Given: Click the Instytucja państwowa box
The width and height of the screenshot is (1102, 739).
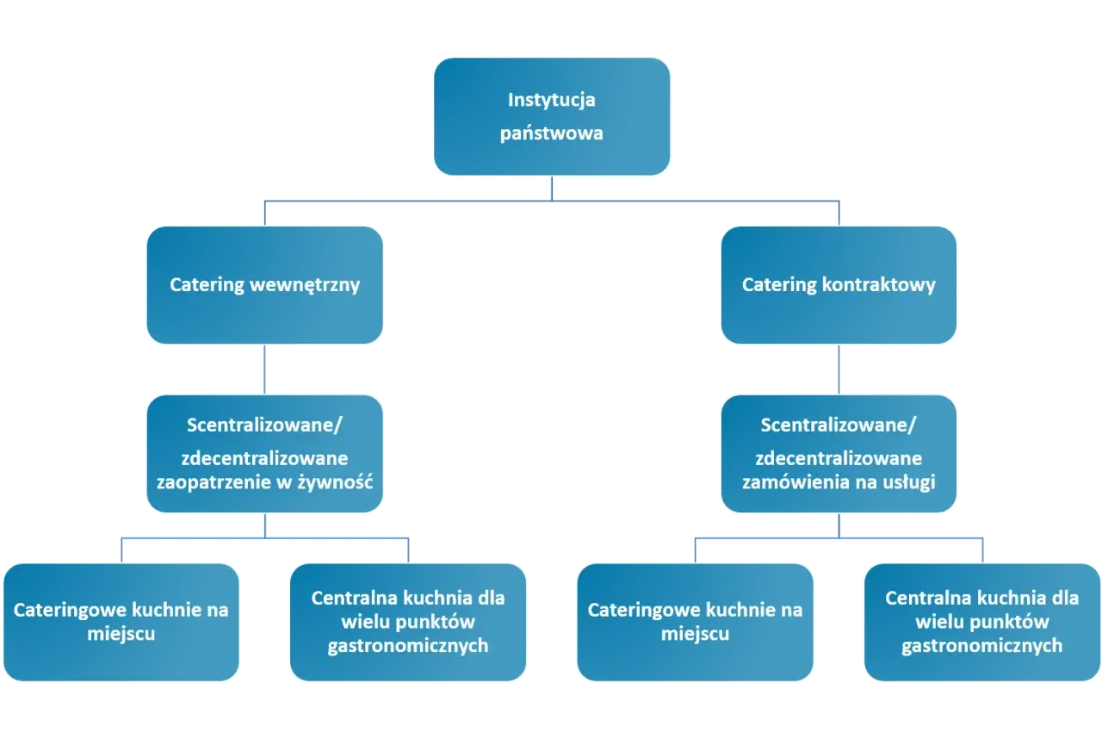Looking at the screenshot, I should (x=552, y=117).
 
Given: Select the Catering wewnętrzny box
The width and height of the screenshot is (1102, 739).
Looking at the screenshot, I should (x=264, y=285).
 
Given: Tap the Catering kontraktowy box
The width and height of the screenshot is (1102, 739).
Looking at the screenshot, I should (x=839, y=285).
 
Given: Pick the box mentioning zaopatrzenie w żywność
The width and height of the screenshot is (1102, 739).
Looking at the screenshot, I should (x=264, y=454).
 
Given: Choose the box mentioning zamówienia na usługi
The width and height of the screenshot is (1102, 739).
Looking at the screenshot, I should (x=839, y=454).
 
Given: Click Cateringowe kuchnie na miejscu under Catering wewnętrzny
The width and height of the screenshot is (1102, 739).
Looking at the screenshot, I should (x=121, y=622).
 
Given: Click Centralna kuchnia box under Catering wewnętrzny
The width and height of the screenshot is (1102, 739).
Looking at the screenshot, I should (x=408, y=622).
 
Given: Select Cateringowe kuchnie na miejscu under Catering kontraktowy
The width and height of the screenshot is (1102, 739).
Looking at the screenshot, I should (x=695, y=622).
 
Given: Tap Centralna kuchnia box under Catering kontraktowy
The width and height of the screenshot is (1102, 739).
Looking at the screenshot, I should (x=981, y=622).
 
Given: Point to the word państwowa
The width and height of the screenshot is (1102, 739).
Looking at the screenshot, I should (x=552, y=134).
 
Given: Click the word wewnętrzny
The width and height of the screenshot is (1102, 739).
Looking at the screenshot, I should (x=303, y=285).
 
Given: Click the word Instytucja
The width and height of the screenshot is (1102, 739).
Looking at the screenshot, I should (x=552, y=100).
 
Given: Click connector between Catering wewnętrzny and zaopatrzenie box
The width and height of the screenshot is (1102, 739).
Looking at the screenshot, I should (x=264, y=369).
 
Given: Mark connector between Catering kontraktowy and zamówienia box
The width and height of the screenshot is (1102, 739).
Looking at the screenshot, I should (x=839, y=369).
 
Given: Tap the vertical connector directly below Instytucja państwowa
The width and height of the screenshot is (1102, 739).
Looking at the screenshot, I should (x=552, y=187).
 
